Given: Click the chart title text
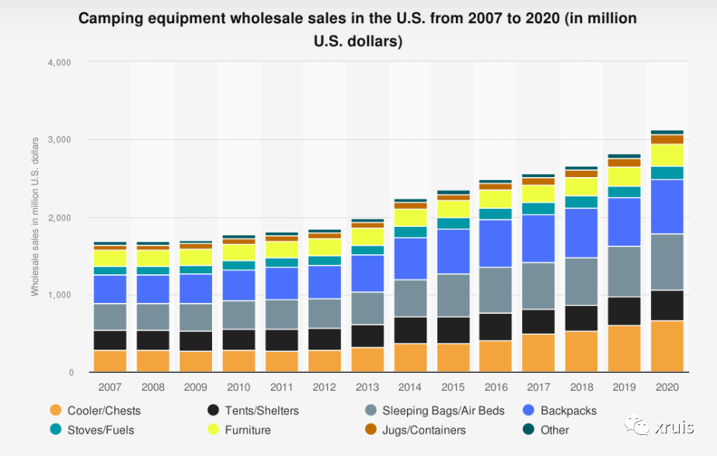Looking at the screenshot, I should pos(358,29).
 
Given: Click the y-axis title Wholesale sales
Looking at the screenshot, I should pos(35,217).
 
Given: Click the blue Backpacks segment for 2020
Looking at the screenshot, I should pos(667,207).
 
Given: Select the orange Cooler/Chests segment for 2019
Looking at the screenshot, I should pos(624,349).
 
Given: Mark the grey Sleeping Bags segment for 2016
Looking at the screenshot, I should pos(495,290).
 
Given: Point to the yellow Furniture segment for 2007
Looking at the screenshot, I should pos(110,258).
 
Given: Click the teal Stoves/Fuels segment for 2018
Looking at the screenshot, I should pos(581,202).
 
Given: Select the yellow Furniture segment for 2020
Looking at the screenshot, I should pos(667,155).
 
